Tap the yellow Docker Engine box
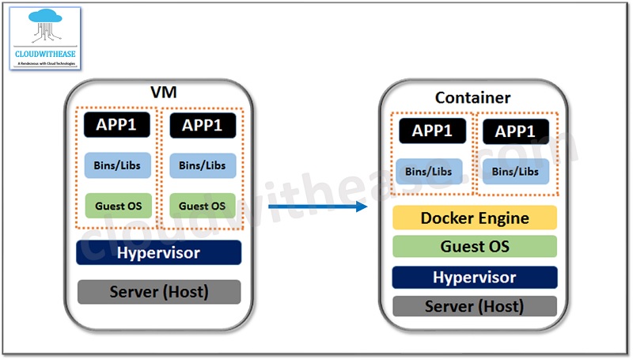point(475,218)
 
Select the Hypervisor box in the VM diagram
point(158,253)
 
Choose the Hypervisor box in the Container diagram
point(475,277)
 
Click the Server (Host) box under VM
point(158,292)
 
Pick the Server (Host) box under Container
point(475,306)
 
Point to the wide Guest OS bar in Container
point(475,247)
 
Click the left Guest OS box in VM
point(117,206)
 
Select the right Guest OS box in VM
point(202,206)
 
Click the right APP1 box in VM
point(202,125)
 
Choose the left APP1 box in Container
point(432,131)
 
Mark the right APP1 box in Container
point(516,131)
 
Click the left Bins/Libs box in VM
point(117,165)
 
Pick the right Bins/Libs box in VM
point(202,165)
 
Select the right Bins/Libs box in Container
point(516,171)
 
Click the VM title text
point(164,93)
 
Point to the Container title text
point(473,98)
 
